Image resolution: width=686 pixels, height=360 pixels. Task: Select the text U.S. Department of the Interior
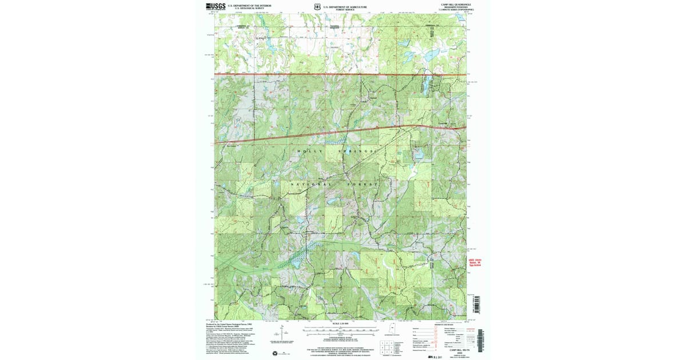coord(246,5)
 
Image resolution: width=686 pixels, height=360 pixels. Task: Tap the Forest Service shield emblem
coord(317,7)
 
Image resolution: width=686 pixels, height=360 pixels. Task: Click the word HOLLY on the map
coord(306,151)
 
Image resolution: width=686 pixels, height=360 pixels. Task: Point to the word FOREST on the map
coord(364,185)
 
